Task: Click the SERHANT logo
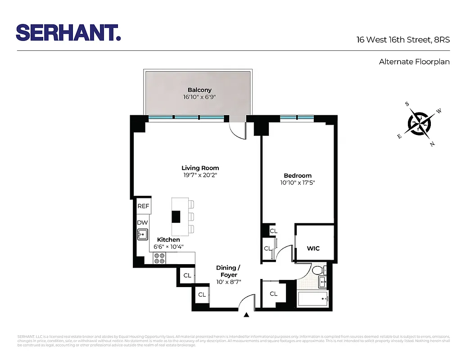(68, 33)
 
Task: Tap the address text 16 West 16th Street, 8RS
(403, 40)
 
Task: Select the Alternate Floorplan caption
(414, 62)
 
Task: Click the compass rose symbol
(421, 123)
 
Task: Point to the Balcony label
(199, 90)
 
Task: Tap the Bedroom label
(297, 175)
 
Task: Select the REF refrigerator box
(143, 206)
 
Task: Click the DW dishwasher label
(142, 222)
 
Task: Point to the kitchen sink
(143, 234)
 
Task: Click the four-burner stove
(159, 258)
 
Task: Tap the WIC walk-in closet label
(313, 248)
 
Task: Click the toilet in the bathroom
(317, 270)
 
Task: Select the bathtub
(313, 297)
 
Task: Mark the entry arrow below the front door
(246, 315)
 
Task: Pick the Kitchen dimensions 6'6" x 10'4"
(168, 247)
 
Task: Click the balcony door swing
(238, 130)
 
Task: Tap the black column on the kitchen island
(176, 216)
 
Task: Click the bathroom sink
(323, 283)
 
